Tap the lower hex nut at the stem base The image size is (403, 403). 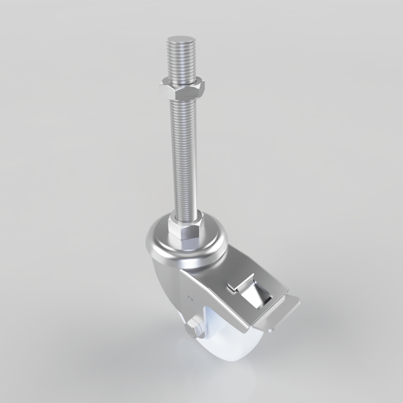(x=186, y=229)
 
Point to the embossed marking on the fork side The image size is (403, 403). (x=192, y=299)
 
